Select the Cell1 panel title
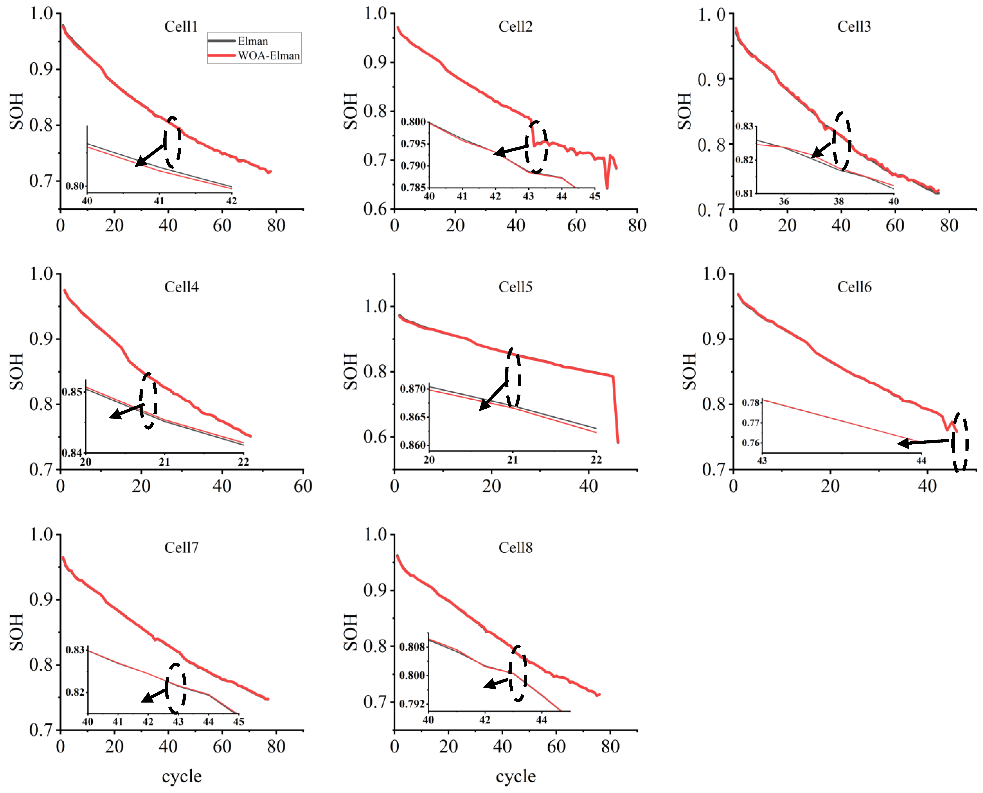pos(181,27)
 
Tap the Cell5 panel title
pos(515,287)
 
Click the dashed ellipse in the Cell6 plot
pos(960,442)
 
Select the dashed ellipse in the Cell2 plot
pos(536,147)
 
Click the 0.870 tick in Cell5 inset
pos(412,389)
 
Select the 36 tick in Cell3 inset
pos(784,201)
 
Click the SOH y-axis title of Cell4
pos(16,371)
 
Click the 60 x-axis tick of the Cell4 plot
pos(303,486)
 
